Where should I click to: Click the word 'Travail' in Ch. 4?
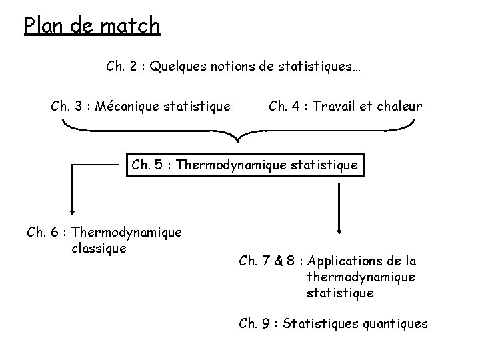pos(334,106)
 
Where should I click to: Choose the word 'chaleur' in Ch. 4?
pos(398,106)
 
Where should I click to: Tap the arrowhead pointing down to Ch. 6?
pos(69,209)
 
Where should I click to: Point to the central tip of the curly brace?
pos(238,141)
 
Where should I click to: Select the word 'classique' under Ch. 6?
pos(97,249)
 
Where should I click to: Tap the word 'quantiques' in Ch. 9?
pos(395,324)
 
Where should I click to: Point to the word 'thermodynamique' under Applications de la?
pos(361,277)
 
